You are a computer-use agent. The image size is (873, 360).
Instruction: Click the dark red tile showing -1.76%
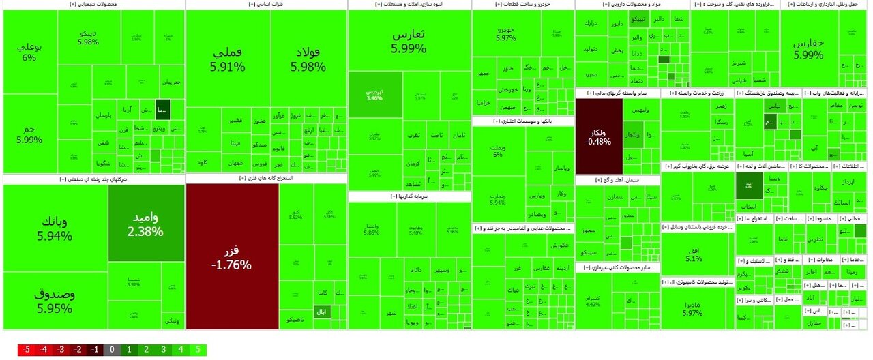tap(231, 256)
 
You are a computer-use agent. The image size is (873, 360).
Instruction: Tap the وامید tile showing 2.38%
tap(145, 223)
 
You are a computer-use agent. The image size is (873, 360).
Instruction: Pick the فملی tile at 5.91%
tap(227, 60)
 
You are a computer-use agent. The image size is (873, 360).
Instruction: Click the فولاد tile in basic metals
tap(308, 60)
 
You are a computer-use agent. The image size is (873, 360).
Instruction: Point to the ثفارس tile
tap(409, 41)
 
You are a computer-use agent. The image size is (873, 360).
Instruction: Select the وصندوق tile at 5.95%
tap(55, 301)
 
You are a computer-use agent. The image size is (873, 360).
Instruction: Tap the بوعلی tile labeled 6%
tap(29, 52)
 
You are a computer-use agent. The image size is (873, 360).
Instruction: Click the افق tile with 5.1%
tap(693, 253)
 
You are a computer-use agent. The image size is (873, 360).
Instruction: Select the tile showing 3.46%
tap(374, 94)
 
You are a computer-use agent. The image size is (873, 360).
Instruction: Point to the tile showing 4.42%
tap(593, 301)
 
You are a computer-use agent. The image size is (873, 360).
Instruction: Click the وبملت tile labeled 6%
tap(497, 151)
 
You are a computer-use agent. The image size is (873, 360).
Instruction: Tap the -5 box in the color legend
tap(27, 350)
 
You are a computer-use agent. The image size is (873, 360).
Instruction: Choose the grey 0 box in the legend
tap(112, 350)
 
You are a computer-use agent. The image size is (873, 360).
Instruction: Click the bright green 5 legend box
tap(197, 350)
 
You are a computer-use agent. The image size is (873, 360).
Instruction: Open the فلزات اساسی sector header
tap(266, 5)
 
